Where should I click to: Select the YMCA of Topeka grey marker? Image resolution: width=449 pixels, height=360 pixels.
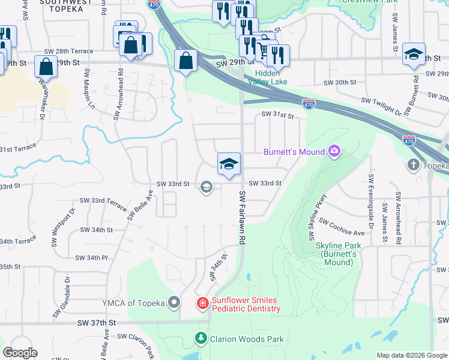(x=174, y=302)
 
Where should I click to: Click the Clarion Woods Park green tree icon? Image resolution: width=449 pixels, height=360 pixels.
(x=202, y=339)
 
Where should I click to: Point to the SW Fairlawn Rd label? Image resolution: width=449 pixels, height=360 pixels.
(x=243, y=217)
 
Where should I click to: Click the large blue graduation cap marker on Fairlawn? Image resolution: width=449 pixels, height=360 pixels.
(x=229, y=164)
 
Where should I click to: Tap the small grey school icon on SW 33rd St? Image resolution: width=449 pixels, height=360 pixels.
(x=206, y=187)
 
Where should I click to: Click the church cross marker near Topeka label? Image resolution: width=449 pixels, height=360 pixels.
(x=414, y=164)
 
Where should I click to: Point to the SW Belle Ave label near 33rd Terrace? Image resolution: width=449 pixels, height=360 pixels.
(x=132, y=206)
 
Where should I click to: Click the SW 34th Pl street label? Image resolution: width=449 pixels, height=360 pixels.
(x=92, y=257)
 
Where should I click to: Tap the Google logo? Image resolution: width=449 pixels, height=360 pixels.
(x=20, y=353)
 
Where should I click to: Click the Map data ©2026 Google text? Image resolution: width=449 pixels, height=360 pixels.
(x=411, y=355)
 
